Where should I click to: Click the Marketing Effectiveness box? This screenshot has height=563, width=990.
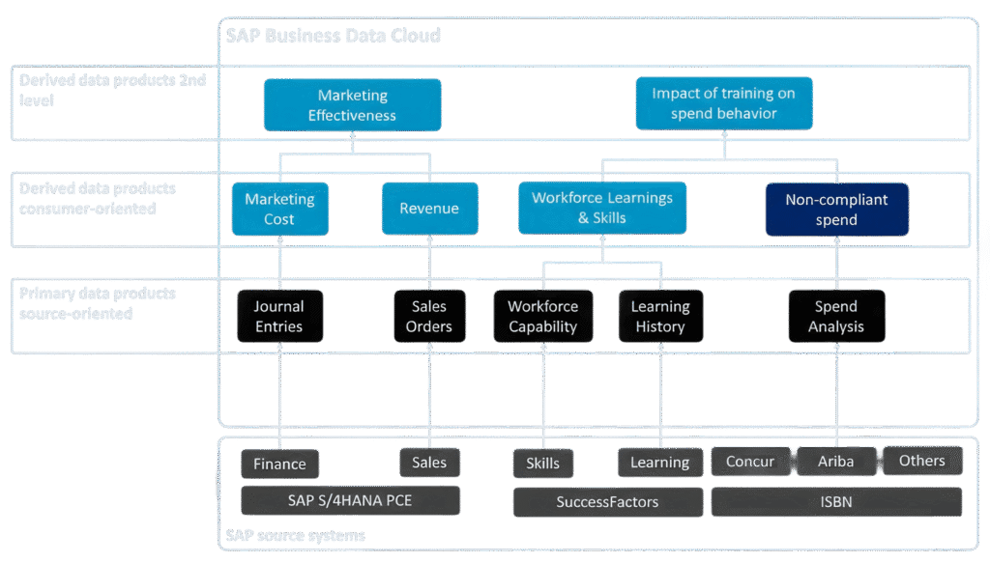(x=352, y=105)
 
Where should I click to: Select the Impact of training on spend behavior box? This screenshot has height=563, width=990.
(x=724, y=103)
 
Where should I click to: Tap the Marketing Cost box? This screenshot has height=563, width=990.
(x=279, y=209)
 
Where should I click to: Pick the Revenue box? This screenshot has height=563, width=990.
(x=429, y=209)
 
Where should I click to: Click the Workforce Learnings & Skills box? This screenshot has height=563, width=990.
(x=602, y=208)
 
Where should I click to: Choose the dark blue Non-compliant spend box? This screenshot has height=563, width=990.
(x=836, y=210)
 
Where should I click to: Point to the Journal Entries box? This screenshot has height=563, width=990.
(x=279, y=316)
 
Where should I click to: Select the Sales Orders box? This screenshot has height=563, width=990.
(x=429, y=316)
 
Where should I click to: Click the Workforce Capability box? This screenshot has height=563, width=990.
(x=542, y=316)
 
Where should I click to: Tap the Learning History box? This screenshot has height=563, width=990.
(x=660, y=316)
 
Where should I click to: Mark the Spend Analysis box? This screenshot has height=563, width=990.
(x=836, y=316)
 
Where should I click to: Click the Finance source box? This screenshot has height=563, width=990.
(x=279, y=464)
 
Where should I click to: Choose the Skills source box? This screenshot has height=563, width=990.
(x=542, y=464)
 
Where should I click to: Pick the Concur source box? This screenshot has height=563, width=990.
(x=750, y=461)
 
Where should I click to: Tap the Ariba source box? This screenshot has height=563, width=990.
(x=836, y=461)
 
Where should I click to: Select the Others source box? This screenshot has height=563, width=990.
(x=922, y=461)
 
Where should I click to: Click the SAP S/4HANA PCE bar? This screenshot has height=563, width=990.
(x=350, y=500)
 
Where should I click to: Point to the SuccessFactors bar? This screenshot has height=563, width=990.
(x=607, y=502)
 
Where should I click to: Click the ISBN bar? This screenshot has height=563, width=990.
(x=836, y=501)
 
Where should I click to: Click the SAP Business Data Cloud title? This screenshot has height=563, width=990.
(x=333, y=36)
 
